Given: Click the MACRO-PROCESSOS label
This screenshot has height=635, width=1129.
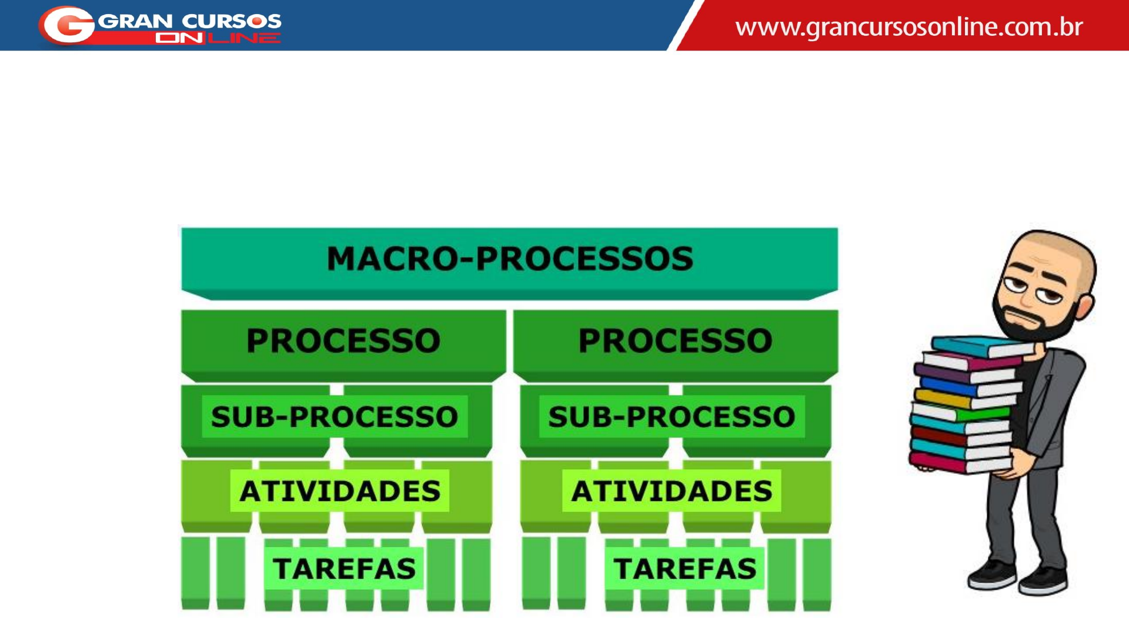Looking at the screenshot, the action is pyautogui.click(x=510, y=259).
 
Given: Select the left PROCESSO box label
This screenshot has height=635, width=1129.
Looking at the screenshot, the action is pyautogui.click(x=343, y=341).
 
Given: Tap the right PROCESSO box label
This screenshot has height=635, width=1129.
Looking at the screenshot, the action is pyautogui.click(x=675, y=341).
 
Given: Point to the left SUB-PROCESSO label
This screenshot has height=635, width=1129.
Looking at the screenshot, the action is pyautogui.click(x=334, y=417).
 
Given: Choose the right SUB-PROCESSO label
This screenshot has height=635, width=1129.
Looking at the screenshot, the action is pyautogui.click(x=672, y=417).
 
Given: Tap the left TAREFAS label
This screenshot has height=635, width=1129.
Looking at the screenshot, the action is pyautogui.click(x=344, y=569).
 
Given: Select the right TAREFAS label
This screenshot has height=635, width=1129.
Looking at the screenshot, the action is pyautogui.click(x=685, y=569).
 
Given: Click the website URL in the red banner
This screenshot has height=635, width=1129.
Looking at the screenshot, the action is pyautogui.click(x=908, y=27).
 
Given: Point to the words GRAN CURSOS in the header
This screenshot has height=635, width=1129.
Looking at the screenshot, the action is pyautogui.click(x=189, y=21).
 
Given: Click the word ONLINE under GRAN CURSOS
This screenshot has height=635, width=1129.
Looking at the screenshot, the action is pyautogui.click(x=218, y=38).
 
